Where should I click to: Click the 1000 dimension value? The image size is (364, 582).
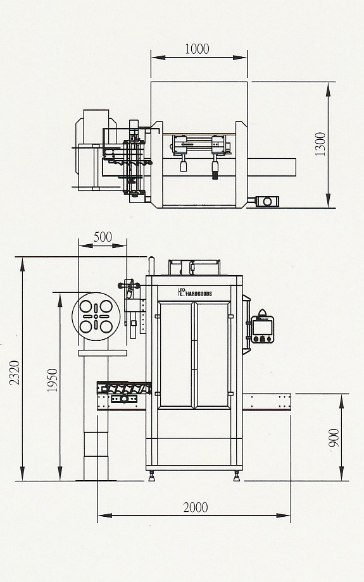(x=197, y=49)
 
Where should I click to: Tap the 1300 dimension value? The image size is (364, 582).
(x=320, y=144)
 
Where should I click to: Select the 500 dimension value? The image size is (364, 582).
(x=103, y=237)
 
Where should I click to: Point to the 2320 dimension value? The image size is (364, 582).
(x=15, y=372)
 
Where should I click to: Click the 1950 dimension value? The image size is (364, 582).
(x=53, y=380)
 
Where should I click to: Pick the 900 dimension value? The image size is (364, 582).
(x=334, y=438)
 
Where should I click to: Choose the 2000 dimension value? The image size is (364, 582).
(x=196, y=507)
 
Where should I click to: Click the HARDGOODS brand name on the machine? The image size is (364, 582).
(x=198, y=294)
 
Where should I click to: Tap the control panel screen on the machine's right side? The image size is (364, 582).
(x=262, y=327)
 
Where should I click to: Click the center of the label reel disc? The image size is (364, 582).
(x=96, y=316)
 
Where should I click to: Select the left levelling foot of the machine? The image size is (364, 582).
(x=151, y=476)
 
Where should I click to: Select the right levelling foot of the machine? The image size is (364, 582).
(x=237, y=476)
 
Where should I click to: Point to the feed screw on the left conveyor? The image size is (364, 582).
(x=124, y=388)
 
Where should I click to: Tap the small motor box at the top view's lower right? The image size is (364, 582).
(x=267, y=202)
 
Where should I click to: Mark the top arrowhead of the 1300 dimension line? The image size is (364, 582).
(x=329, y=89)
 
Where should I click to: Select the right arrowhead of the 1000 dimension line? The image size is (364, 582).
(x=240, y=58)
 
